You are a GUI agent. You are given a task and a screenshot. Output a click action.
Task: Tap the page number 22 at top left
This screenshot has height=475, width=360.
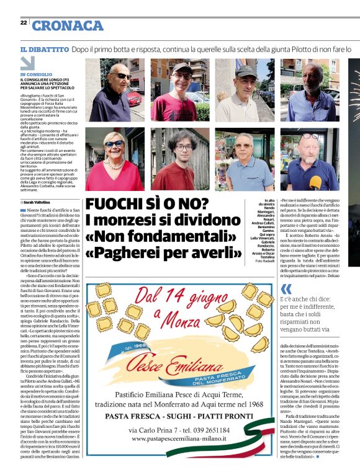tap(24, 22)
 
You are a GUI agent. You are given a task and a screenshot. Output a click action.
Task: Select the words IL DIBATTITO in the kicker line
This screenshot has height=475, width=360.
tap(44, 48)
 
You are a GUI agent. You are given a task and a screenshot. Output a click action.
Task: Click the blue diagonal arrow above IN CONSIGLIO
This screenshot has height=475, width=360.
tap(27, 63)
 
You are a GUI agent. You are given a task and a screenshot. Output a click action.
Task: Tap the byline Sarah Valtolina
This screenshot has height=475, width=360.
tap(36, 202)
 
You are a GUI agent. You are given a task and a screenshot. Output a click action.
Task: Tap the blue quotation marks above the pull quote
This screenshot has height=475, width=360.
tap(286, 290)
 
